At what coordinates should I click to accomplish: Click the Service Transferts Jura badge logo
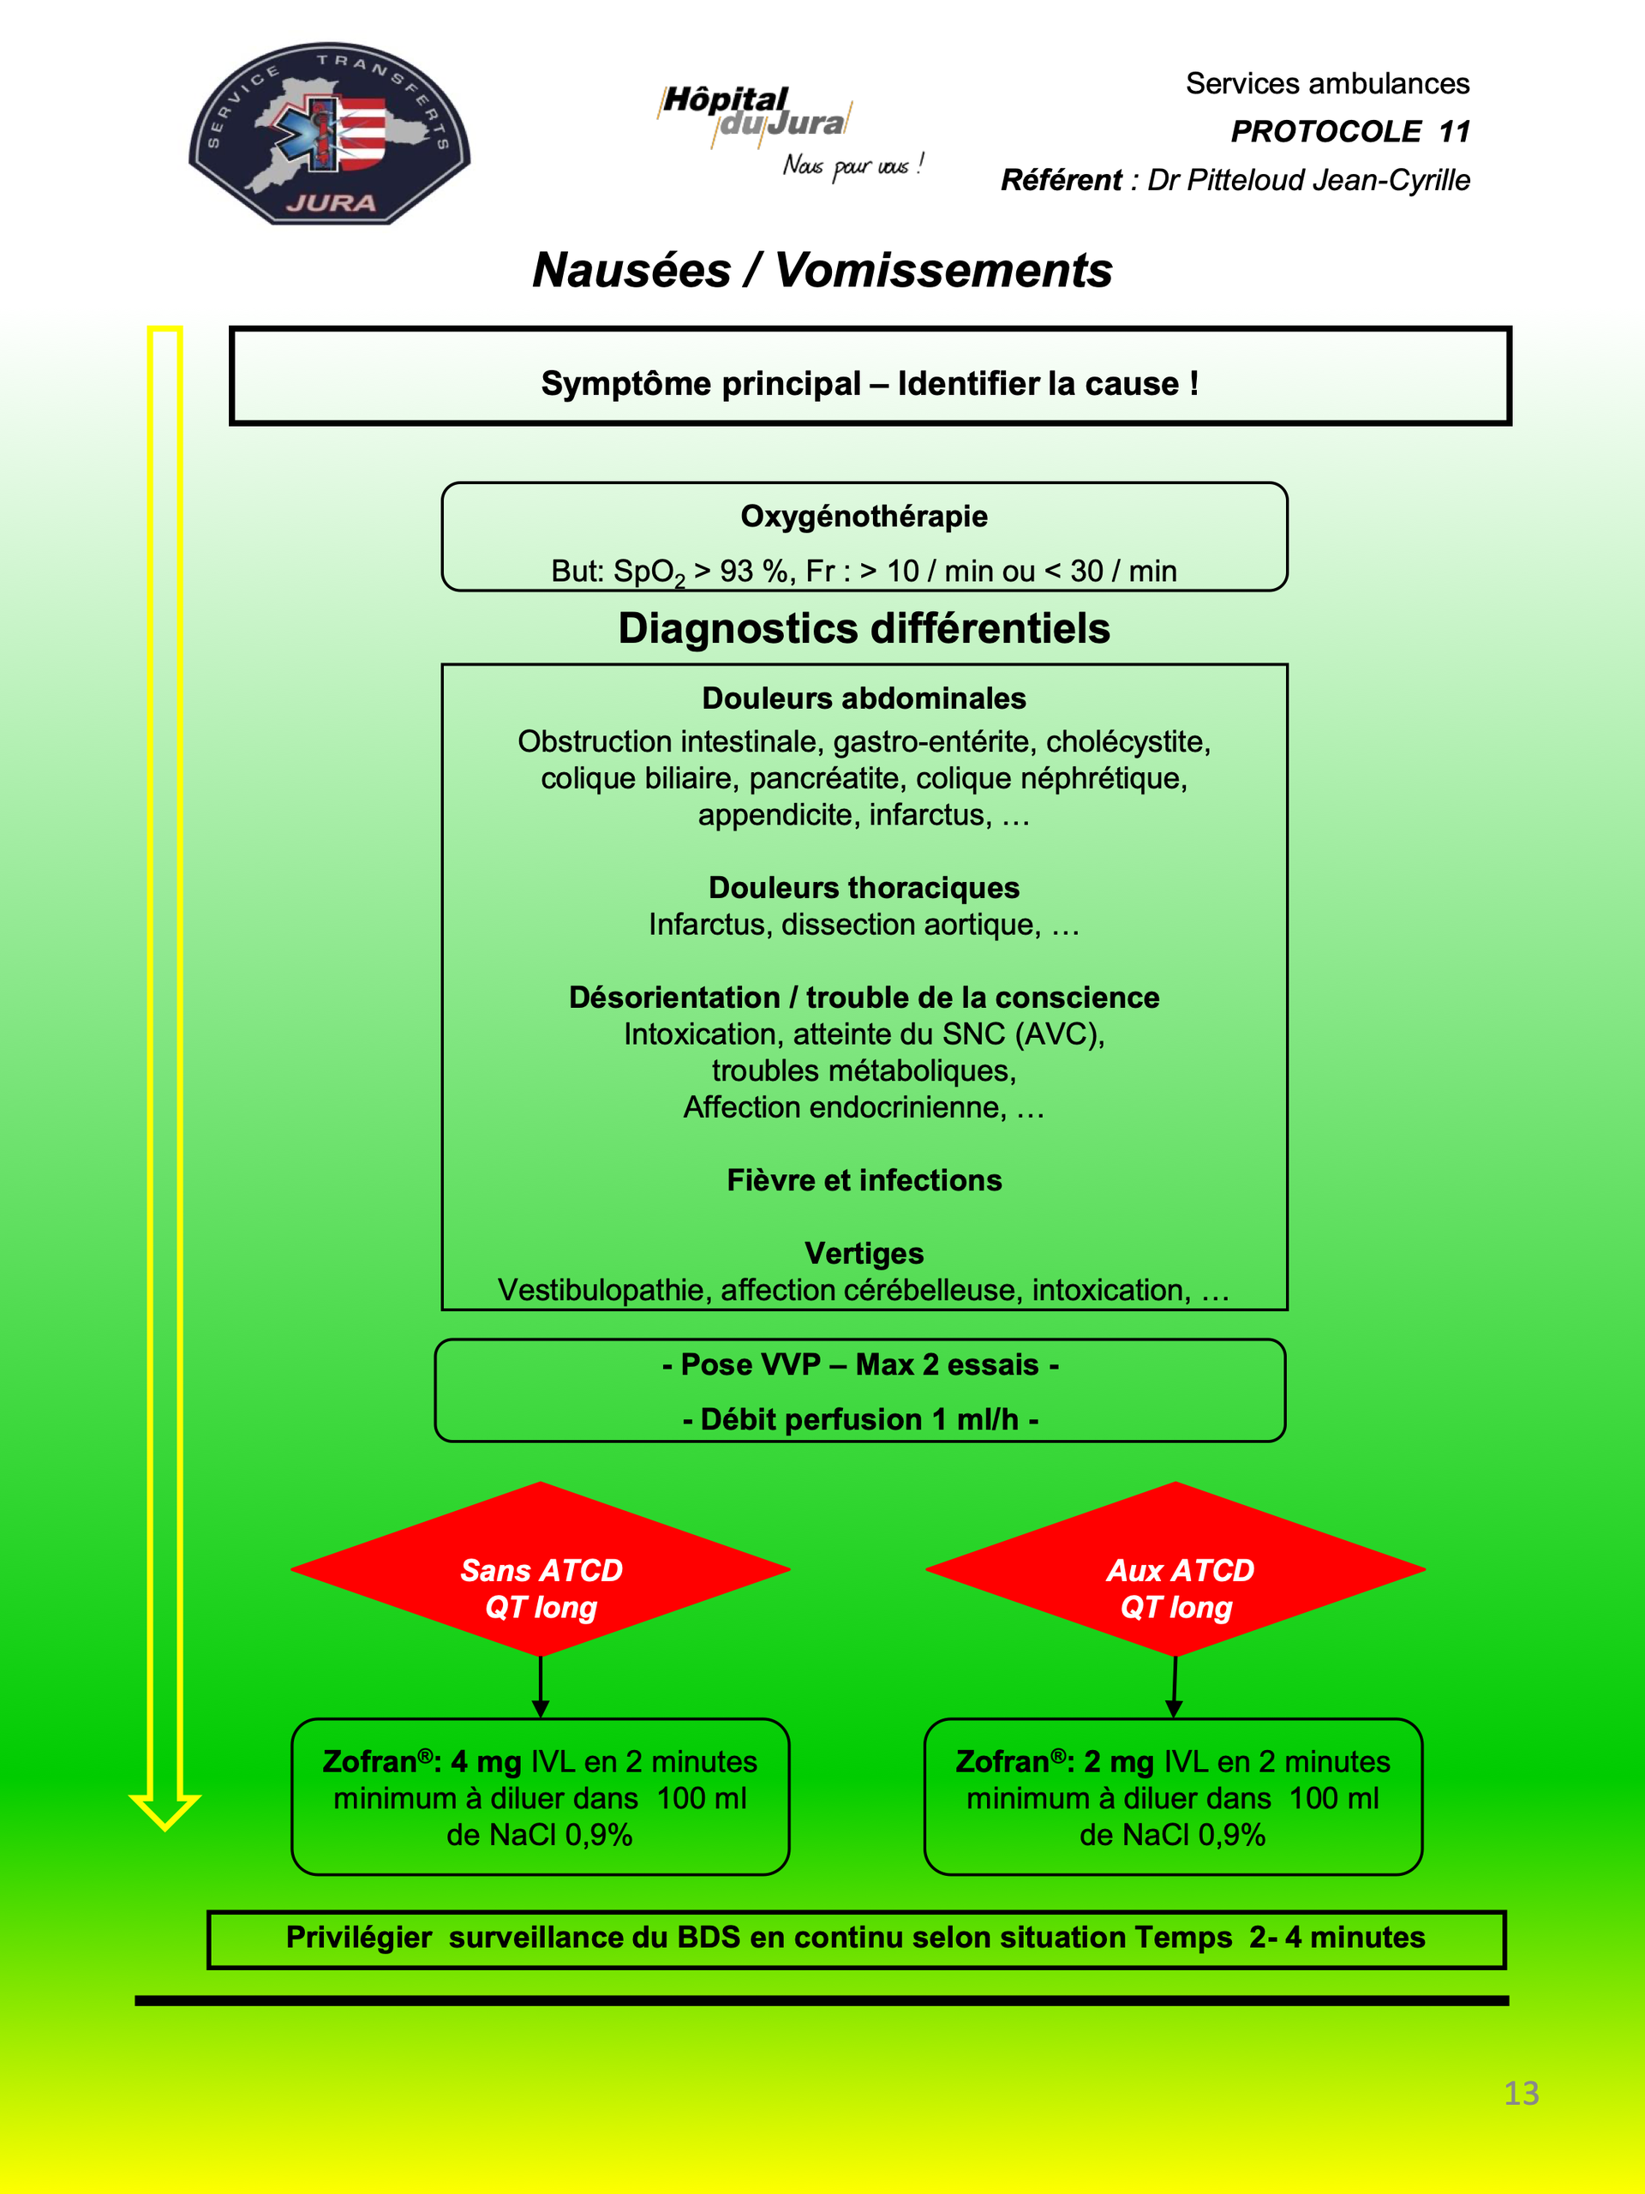pos(329,134)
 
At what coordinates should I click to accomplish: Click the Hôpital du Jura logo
pos(790,131)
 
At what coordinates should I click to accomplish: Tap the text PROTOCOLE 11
pos(1349,131)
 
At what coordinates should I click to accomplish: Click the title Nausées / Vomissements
pos(822,270)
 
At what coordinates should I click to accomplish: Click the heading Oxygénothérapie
pos(864,516)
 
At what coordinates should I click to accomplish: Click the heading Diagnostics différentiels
pos(864,628)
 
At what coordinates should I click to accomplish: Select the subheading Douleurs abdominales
pos(864,698)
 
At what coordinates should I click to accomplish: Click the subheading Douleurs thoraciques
pos(864,887)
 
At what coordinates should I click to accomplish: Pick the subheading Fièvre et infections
pos(864,1179)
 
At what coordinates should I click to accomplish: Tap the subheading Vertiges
pos(864,1253)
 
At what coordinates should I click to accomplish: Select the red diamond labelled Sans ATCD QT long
pos(541,1569)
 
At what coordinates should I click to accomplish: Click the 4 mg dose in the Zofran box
pos(486,1761)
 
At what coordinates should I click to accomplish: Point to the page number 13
pos(1521,2093)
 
